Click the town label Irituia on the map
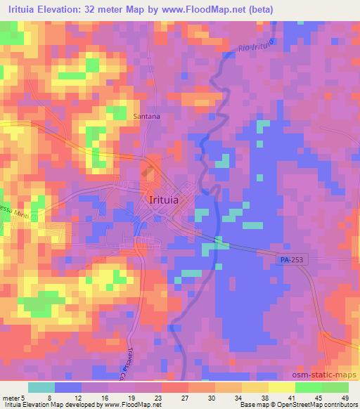pyautogui.click(x=169, y=200)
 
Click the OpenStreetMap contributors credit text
pyautogui.click(x=309, y=404)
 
